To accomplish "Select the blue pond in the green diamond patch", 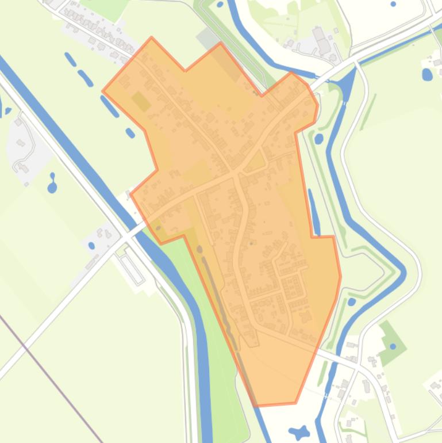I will tap(393, 346).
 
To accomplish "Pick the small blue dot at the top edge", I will tap(393, 4).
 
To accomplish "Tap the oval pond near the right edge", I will tap(426, 74).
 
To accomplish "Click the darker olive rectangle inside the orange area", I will tap(141, 101).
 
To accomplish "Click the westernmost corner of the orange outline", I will tap(103, 91).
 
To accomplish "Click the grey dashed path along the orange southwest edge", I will tap(224, 311).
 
